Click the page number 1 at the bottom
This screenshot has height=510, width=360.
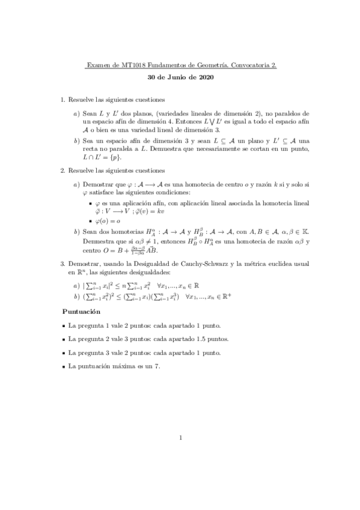pos(180,437)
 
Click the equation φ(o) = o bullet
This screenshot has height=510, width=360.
pos(109,221)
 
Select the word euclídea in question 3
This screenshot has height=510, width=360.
pos(273,264)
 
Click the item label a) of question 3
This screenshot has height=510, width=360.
pos(76,285)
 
